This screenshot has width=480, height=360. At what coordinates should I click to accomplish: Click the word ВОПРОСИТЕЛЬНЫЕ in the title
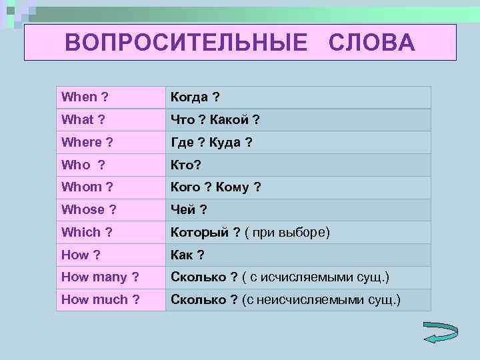pyautogui.click(x=187, y=43)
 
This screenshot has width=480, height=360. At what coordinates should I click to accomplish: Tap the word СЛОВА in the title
pyautogui.click(x=372, y=43)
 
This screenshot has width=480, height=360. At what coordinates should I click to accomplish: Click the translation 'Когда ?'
pyautogui.click(x=195, y=97)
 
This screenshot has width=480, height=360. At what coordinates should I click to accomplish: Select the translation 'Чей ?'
pyautogui.click(x=189, y=210)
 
